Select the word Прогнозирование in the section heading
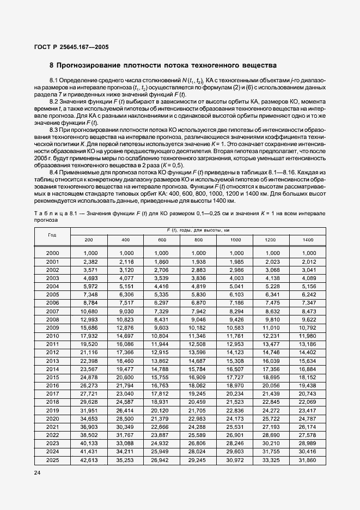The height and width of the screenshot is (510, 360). pyautogui.click(x=89, y=65)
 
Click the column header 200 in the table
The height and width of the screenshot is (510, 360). pyautogui.click(x=89, y=240)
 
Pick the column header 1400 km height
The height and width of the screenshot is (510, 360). pyautogui.click(x=308, y=240)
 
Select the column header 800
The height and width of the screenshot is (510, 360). pyautogui.click(x=198, y=240)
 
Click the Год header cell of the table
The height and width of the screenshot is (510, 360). pyautogui.click(x=52, y=235)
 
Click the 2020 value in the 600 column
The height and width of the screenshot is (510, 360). pyautogui.click(x=162, y=418)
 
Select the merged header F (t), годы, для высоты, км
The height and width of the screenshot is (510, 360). pyautogui.click(x=198, y=231)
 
